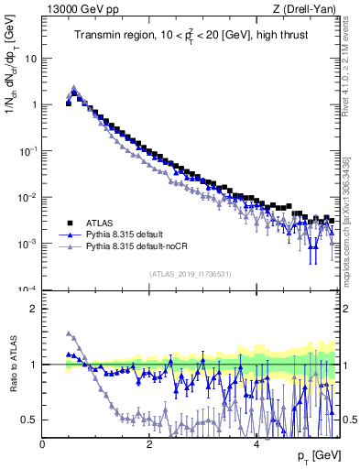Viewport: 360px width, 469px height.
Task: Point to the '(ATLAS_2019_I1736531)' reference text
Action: click(191, 274)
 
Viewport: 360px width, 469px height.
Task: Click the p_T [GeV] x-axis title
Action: click(315, 455)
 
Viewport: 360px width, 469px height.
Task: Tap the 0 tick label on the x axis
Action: click(43, 443)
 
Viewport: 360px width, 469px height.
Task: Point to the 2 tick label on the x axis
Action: click(149, 443)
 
